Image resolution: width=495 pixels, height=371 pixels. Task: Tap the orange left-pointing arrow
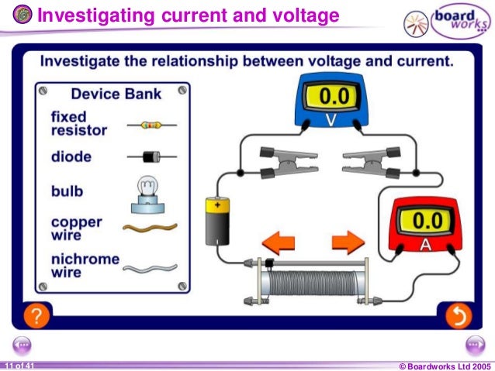(x=279, y=242)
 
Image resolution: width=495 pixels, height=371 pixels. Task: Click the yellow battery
(x=216, y=221)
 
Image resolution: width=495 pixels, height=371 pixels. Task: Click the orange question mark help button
(x=37, y=315)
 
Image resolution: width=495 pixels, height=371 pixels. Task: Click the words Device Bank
(x=116, y=94)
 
